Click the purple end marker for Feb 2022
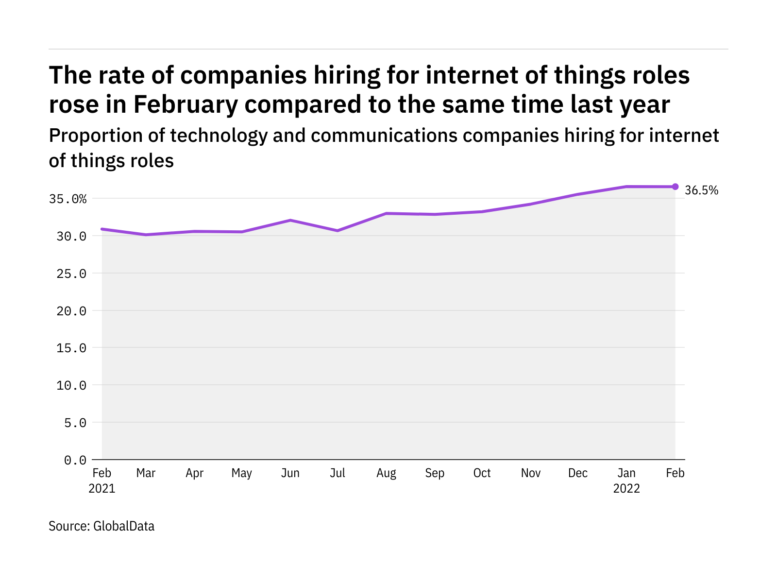(x=675, y=187)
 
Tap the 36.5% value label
(x=701, y=190)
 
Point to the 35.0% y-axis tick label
(x=68, y=199)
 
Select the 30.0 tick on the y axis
(x=72, y=237)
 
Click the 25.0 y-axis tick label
(x=72, y=274)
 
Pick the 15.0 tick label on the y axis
(x=72, y=348)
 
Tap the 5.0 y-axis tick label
(x=75, y=423)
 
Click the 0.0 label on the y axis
(x=75, y=460)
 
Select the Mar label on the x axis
(x=146, y=473)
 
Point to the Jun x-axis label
(x=290, y=473)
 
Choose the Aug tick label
(x=386, y=473)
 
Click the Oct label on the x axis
(x=482, y=473)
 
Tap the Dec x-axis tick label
(x=578, y=473)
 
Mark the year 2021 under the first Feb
(x=102, y=489)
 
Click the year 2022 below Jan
(x=626, y=489)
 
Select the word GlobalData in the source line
(x=124, y=526)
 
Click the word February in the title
(x=186, y=104)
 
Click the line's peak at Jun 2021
(x=290, y=220)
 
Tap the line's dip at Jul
(x=338, y=230)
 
